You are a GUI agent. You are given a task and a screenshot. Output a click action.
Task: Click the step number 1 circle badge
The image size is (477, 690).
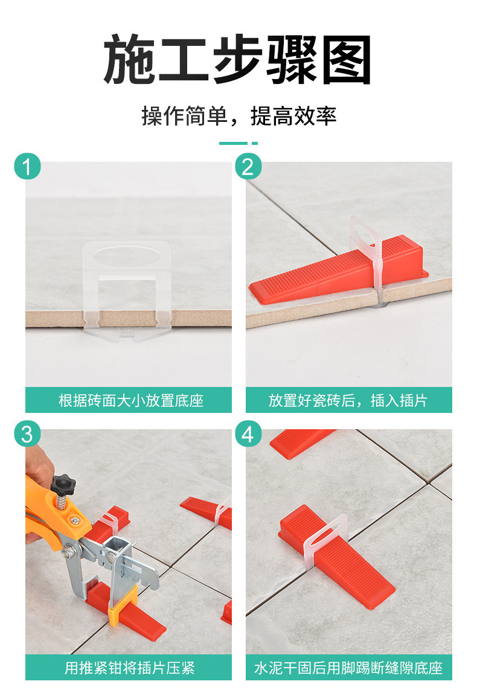(x=27, y=166)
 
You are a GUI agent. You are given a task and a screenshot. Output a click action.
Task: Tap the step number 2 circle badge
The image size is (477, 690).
(x=248, y=166)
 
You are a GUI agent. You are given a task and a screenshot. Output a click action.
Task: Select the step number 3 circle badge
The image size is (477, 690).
(x=27, y=433)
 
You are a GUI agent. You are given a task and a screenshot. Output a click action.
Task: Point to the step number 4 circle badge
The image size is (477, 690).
(x=248, y=433)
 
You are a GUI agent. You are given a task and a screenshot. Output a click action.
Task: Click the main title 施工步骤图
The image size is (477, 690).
(x=238, y=60)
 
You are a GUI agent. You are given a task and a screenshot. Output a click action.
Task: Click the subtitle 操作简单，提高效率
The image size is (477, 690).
(x=238, y=115)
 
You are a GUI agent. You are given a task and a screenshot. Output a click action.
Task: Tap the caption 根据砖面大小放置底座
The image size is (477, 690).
(x=129, y=400)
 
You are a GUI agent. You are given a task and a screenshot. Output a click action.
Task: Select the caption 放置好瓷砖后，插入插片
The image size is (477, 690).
(x=348, y=400)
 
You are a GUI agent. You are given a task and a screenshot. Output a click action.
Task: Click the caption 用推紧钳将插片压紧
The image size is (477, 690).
(x=129, y=668)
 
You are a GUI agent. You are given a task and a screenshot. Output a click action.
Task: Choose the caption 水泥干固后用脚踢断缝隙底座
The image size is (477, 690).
(x=348, y=668)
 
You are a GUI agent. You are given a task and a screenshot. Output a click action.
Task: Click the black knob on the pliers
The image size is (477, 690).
(x=62, y=483)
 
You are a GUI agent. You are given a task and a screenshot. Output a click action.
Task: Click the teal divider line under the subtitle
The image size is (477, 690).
(x=238, y=144)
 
